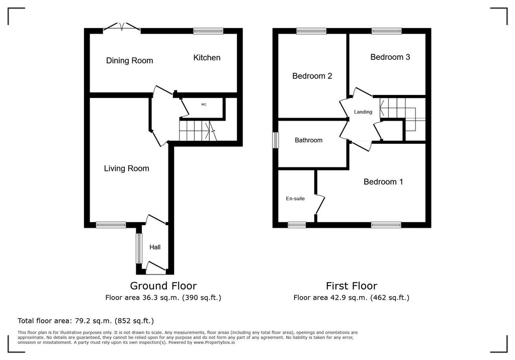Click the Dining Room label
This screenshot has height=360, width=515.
pyautogui.click(x=129, y=60)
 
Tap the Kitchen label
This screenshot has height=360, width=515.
pyautogui.click(x=207, y=57)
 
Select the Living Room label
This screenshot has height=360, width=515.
pyautogui.click(x=126, y=168)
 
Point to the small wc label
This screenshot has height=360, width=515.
pyautogui.click(x=204, y=105)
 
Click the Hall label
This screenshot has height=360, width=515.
pyautogui.click(x=155, y=247)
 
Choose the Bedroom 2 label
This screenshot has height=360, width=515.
pyautogui.click(x=312, y=76)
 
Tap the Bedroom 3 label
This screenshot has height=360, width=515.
pyautogui.click(x=390, y=57)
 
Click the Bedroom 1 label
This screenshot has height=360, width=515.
pyautogui.click(x=383, y=182)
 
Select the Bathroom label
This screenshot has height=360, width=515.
pyautogui.click(x=308, y=140)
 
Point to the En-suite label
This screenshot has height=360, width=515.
pyautogui.click(x=295, y=199)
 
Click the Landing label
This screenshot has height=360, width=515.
pyautogui.click(x=363, y=112)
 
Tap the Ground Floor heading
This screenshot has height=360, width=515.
pyautogui.click(x=163, y=286)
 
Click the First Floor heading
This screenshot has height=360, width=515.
pyautogui.click(x=352, y=286)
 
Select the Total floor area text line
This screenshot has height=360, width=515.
pyautogui.click(x=85, y=321)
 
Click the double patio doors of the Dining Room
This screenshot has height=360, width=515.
pyautogui.click(x=122, y=27)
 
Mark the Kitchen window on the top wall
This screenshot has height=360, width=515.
pyautogui.click(x=208, y=31)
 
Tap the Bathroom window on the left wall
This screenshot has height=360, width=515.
pyautogui.click(x=276, y=140)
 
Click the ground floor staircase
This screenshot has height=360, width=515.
pyautogui.click(x=197, y=131)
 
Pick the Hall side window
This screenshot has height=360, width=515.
pyautogui.click(x=139, y=248)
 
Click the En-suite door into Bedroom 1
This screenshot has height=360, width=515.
pyautogui.click(x=320, y=205)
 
